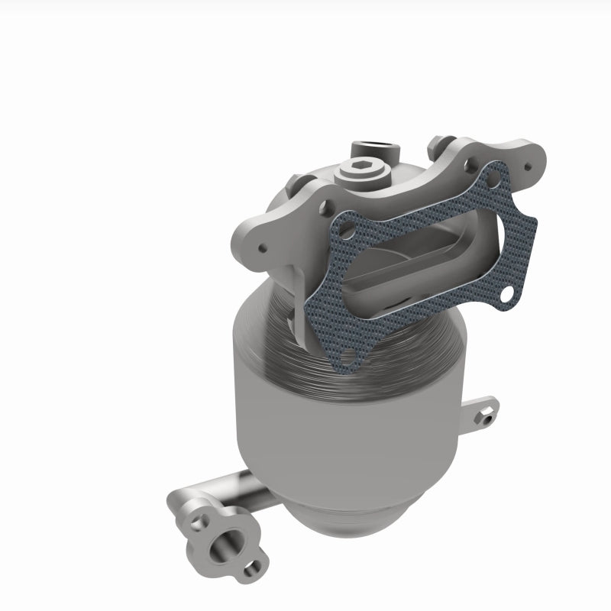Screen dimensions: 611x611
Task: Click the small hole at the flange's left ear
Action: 262,246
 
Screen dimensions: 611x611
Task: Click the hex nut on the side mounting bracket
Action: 485,415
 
